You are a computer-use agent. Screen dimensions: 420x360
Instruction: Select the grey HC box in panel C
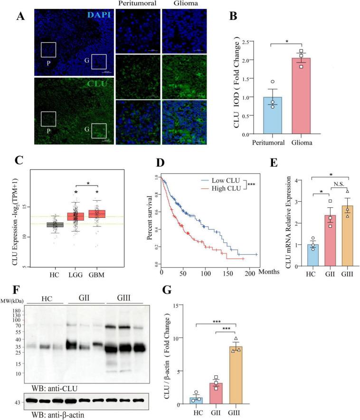[x=55, y=224]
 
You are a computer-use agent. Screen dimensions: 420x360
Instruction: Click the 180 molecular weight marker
[x=19, y=310]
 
